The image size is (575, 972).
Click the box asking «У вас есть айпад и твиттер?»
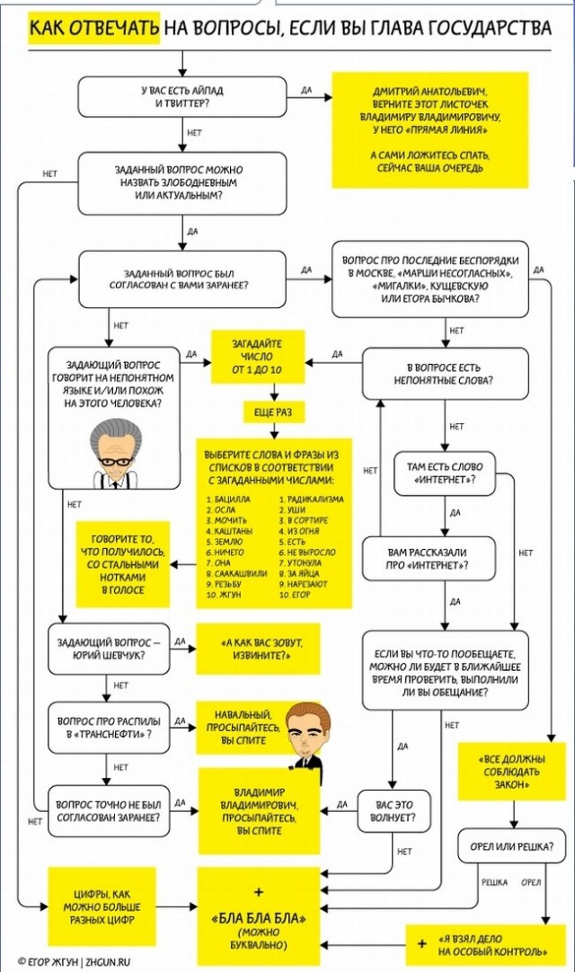coord(181,97)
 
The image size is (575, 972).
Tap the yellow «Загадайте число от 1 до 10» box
coord(258,357)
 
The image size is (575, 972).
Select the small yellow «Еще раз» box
coord(273,411)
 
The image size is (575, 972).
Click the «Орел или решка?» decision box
coord(512,846)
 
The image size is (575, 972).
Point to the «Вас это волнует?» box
coord(394,811)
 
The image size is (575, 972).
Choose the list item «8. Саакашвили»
coord(236,573)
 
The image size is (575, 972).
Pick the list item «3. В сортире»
coord(304,520)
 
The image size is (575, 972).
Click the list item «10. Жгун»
coord(224,595)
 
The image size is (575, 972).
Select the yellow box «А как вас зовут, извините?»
coord(258,649)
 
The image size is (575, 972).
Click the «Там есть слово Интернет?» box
coord(445,473)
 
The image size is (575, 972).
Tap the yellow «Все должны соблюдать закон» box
coord(512,772)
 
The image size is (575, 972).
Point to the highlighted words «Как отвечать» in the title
coord(93,29)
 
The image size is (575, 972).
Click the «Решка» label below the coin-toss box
coord(494,882)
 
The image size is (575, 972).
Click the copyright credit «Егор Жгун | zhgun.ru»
coord(75,961)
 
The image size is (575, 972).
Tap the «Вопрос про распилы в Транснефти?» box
coord(109,728)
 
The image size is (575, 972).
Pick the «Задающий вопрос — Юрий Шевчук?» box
coord(109,649)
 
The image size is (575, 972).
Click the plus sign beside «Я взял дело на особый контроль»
coord(421,943)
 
